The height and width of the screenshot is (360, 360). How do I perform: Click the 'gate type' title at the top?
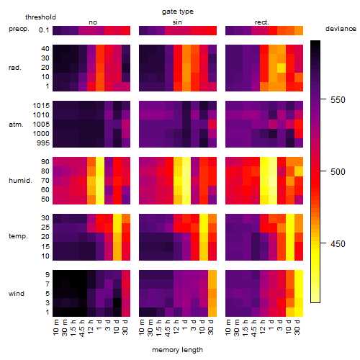[178, 12]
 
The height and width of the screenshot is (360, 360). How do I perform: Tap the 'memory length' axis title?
[177, 350]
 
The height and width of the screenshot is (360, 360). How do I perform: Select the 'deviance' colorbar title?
[341, 29]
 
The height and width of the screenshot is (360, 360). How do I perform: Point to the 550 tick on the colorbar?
[323, 99]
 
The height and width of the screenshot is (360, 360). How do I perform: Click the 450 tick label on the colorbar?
[338, 244]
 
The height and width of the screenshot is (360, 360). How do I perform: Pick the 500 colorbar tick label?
[338, 172]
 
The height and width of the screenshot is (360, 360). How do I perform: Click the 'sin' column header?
[177, 22]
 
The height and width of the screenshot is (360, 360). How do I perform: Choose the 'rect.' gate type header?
[261, 22]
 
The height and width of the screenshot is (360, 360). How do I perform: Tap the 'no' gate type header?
[93, 22]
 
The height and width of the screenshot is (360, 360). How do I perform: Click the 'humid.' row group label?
[20, 181]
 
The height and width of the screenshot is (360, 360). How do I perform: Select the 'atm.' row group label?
[16, 125]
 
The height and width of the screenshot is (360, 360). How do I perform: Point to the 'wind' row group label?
[17, 294]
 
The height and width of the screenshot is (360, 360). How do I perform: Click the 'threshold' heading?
[40, 17]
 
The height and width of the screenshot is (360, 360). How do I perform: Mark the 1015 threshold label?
[41, 106]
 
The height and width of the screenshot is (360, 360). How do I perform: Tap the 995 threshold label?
[43, 143]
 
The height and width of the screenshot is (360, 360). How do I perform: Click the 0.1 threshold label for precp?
[44, 30]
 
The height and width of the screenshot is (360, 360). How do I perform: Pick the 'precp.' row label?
[19, 29]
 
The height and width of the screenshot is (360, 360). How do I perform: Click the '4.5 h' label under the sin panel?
[168, 328]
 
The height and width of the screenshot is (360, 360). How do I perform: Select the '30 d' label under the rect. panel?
[297, 327]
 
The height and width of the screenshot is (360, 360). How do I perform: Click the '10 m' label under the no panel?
[55, 328]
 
